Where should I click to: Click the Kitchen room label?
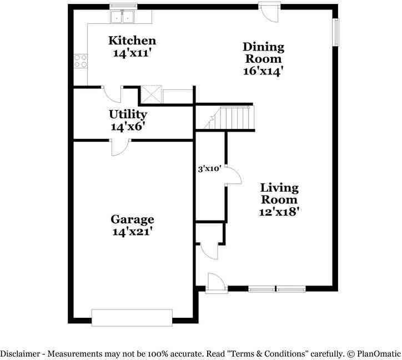(x=132, y=41)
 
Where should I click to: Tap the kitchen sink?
(x=122, y=16)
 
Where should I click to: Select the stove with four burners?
(x=81, y=61)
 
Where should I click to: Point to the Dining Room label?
(x=264, y=53)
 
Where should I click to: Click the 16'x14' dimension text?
(x=263, y=71)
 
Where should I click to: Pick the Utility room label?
(x=128, y=114)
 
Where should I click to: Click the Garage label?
(x=132, y=219)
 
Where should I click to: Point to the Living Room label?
(x=279, y=194)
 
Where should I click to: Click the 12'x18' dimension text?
(x=279, y=212)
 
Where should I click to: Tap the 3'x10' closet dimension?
(x=209, y=169)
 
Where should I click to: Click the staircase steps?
(x=230, y=118)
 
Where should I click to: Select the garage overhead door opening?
(x=132, y=318)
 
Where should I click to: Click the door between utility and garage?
(x=120, y=148)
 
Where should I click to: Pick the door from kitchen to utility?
(x=112, y=94)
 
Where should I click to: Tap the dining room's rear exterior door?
(x=269, y=12)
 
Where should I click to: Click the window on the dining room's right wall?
(x=335, y=32)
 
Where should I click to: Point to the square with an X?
(x=152, y=94)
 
